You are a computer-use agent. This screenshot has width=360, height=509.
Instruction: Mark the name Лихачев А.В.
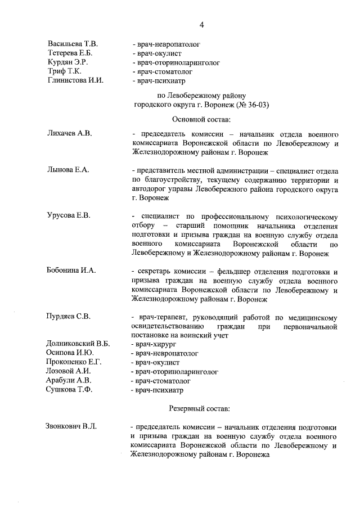point(69,133)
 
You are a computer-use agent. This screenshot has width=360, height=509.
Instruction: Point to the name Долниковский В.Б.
point(78,344)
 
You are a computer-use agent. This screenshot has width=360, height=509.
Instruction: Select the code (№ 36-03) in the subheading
point(241,105)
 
